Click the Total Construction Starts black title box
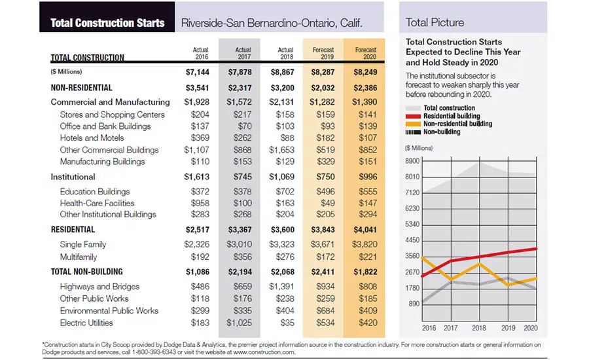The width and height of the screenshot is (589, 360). pyautogui.click(x=107, y=17)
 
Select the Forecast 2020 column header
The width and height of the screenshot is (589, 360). pyautogui.click(x=365, y=54)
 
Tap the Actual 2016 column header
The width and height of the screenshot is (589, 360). pyautogui.click(x=201, y=54)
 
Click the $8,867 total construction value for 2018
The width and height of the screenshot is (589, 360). pyautogui.click(x=283, y=72)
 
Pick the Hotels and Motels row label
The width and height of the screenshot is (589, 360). pyautogui.click(x=92, y=138)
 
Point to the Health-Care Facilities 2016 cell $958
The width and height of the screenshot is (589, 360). pyautogui.click(x=200, y=203)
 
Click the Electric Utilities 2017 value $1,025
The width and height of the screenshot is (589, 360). pyautogui.click(x=240, y=323)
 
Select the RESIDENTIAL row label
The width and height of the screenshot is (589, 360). pyautogui.click(x=73, y=230)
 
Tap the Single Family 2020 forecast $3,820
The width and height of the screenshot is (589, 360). pyautogui.click(x=365, y=244)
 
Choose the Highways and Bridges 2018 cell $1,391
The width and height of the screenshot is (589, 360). pyautogui.click(x=281, y=287)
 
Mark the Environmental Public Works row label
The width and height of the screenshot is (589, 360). pyautogui.click(x=109, y=311)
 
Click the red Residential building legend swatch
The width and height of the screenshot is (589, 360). pyautogui.click(x=413, y=117)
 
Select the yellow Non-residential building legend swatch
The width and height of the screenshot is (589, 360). pyautogui.click(x=413, y=124)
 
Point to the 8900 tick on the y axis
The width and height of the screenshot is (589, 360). pyautogui.click(x=412, y=161)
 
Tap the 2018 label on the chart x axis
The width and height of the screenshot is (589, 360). pyautogui.click(x=479, y=328)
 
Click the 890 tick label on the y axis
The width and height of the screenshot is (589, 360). pyautogui.click(x=414, y=304)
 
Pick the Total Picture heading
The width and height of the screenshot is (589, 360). pyautogui.click(x=435, y=22)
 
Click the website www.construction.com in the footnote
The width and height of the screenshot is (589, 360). pyautogui.click(x=264, y=352)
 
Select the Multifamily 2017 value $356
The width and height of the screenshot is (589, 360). pyautogui.click(x=243, y=257)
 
